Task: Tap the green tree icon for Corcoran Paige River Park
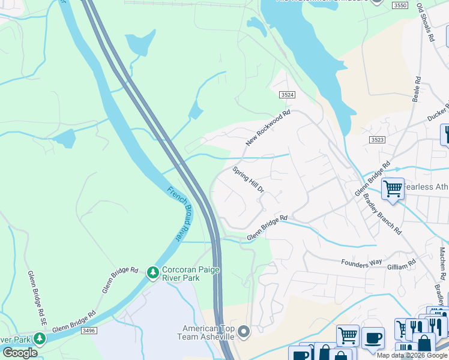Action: click(153, 273)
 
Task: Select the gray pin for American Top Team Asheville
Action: click(243, 331)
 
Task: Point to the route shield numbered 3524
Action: click(288, 95)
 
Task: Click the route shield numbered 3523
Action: click(377, 139)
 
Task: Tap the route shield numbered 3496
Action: click(89, 330)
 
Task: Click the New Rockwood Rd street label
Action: click(268, 128)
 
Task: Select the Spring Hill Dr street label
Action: click(249, 180)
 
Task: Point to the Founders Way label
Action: click(361, 262)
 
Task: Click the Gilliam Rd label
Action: click(403, 263)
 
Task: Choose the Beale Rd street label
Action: click(416, 89)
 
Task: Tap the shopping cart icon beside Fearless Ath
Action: click(393, 188)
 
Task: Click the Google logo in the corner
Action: click(20, 353)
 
